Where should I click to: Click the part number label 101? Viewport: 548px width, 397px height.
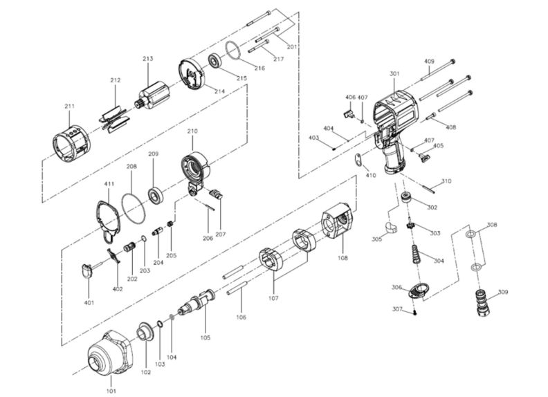pos(111,391)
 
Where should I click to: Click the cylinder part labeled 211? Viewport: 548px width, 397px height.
pos(72,142)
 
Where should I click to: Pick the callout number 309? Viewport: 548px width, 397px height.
pos(502,292)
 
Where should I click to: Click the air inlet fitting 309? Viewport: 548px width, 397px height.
pos(480,302)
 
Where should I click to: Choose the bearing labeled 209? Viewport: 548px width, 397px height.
pos(156,194)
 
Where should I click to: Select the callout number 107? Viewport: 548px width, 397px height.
pos(274,299)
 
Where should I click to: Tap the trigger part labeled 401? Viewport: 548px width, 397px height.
pos(87,270)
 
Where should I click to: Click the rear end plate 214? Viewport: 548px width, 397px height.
pos(192,74)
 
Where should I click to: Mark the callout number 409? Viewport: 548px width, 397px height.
pos(429,62)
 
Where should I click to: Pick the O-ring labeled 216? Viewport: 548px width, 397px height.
pos(236,50)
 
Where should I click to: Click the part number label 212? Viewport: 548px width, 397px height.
pos(115,81)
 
